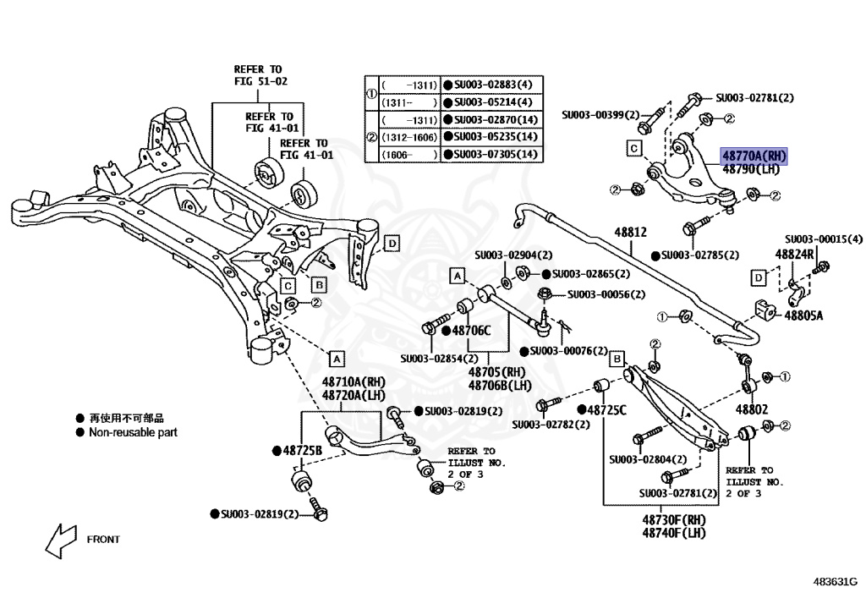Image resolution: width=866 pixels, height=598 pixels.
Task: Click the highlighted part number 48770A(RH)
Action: tap(754, 156)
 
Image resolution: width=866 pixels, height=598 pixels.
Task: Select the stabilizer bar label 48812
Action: tap(630, 230)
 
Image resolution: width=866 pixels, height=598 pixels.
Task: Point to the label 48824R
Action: tap(794, 254)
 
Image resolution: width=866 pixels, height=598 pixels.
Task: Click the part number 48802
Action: tap(750, 409)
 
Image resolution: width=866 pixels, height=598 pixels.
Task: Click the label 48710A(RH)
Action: tap(355, 382)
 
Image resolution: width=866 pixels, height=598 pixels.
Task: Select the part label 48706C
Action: tap(470, 331)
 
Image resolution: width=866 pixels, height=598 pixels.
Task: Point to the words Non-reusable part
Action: tap(133, 432)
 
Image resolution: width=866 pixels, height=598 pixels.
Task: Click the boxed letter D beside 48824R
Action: tap(759, 277)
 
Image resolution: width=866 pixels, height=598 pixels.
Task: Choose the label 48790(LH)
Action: tap(750, 169)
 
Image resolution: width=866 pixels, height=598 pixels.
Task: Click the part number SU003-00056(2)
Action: tap(606, 294)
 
